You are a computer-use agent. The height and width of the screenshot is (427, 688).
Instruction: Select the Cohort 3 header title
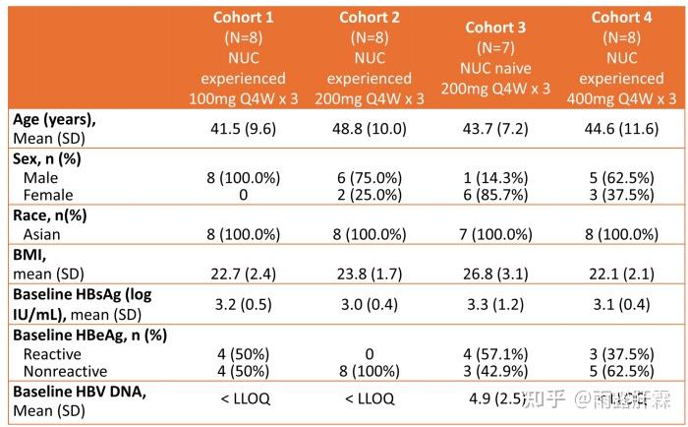pos(495,28)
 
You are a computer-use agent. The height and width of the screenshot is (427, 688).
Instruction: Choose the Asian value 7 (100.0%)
pos(495,234)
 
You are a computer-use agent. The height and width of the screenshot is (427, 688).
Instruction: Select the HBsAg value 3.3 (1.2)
pos(495,304)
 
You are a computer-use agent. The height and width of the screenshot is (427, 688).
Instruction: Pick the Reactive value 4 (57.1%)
pos(495,353)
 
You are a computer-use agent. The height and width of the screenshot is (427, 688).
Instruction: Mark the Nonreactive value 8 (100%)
pos(369,371)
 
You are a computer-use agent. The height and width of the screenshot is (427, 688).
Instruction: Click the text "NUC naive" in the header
pos(495,68)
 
